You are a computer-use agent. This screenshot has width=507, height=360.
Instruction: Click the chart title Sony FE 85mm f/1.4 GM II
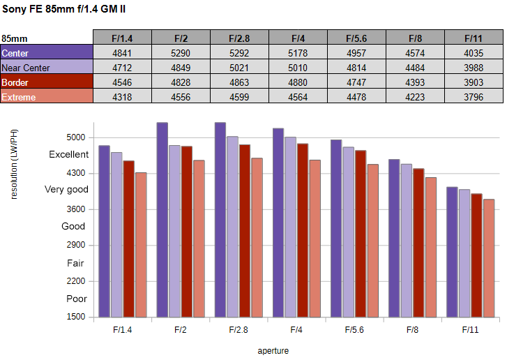[x=63, y=9]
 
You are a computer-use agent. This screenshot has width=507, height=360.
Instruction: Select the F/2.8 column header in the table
[x=239, y=37]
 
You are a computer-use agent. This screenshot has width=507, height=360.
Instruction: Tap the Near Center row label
[x=47, y=67]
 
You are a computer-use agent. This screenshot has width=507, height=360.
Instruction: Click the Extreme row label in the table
[x=47, y=96]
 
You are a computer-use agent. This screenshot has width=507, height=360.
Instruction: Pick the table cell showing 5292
[x=239, y=52]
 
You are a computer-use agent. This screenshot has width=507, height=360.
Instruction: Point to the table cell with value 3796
[x=474, y=96]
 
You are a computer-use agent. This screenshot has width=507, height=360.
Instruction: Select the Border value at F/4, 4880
[x=298, y=82]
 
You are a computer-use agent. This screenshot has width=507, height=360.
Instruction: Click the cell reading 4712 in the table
[x=122, y=67]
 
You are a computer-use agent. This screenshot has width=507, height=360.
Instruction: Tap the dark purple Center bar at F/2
[x=162, y=220]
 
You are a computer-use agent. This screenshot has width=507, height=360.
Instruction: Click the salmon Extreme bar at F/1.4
[x=141, y=245]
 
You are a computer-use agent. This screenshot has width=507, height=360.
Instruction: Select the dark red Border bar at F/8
[x=418, y=243]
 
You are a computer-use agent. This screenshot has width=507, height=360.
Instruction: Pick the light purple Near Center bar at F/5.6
[x=348, y=232]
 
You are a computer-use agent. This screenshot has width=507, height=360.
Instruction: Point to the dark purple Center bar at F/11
[x=452, y=253]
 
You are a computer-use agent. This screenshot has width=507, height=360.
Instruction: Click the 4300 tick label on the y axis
[x=76, y=173]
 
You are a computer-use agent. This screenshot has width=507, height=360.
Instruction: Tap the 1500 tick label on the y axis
[x=76, y=317]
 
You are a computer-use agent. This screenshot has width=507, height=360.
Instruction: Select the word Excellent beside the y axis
[x=68, y=155]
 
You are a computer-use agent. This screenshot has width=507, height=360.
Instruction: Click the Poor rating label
[x=77, y=299]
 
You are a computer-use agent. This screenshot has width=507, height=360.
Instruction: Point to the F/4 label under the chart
[x=296, y=330]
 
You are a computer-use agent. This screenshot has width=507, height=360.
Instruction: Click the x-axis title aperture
[x=273, y=351]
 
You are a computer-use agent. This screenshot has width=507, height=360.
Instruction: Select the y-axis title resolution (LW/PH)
[x=14, y=165]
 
